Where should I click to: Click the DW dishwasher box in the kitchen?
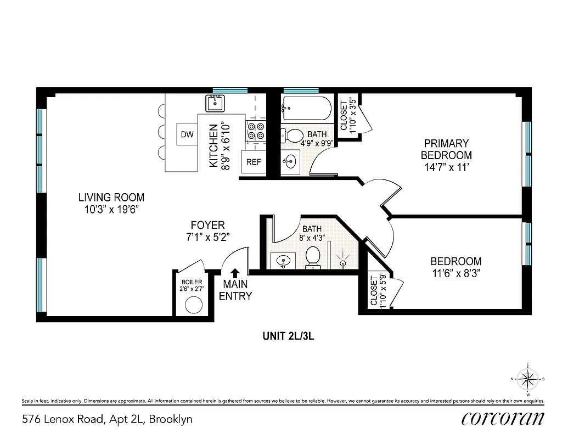187,134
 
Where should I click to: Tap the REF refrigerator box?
254,162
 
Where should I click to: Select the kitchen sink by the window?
215,103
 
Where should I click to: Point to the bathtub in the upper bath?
306,108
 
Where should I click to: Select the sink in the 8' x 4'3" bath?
283,261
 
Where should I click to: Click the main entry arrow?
235,273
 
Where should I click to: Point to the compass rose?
527,379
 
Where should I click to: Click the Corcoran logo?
503,418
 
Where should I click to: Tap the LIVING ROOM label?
111,198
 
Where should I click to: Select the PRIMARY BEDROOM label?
446,149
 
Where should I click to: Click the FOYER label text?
207,226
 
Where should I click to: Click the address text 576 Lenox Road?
107,420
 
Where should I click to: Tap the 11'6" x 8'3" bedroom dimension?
455,272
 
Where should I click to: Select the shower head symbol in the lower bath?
344,258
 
